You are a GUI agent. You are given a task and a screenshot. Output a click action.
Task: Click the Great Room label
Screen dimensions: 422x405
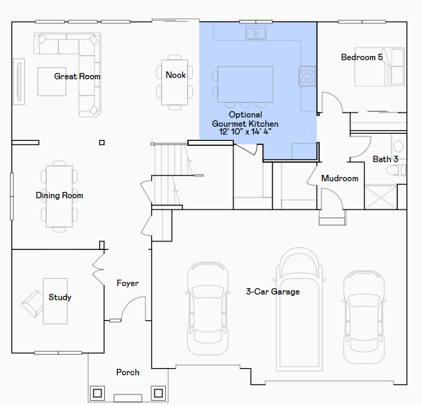(x=77, y=76)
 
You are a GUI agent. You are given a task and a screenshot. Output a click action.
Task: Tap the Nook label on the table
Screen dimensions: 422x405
(x=175, y=75)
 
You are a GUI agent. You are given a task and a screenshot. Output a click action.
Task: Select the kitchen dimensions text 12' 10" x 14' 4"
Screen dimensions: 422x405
(x=245, y=132)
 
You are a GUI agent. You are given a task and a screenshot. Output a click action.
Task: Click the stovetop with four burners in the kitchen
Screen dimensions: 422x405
(x=307, y=76)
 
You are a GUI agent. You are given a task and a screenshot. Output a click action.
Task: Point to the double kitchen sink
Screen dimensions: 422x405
(x=256, y=33)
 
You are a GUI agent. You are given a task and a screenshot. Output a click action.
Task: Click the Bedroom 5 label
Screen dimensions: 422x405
(x=362, y=57)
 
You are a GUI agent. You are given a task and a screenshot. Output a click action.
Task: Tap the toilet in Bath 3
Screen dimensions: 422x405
(x=396, y=171)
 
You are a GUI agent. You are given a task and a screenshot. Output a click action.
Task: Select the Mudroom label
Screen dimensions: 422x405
(x=340, y=178)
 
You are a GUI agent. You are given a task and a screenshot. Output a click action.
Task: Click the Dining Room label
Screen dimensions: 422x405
(x=60, y=195)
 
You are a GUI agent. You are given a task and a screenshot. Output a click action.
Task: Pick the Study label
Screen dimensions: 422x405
(x=60, y=297)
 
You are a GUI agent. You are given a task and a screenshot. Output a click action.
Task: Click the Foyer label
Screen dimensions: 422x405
(x=128, y=283)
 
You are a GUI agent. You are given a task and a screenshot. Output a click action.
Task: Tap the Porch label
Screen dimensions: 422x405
(x=128, y=372)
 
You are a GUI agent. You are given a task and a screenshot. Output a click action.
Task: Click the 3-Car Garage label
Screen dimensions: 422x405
(x=272, y=292)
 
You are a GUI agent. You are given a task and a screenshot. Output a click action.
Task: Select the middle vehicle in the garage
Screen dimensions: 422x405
(x=299, y=309)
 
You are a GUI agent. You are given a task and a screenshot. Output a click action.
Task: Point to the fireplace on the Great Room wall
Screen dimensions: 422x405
(x=19, y=81)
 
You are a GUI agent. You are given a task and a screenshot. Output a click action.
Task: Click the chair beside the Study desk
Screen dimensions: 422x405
(x=33, y=304)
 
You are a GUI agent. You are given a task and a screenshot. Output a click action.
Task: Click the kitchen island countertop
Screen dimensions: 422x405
(x=245, y=84)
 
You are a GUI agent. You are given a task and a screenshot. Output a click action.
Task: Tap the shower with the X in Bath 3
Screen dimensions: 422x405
(x=381, y=197)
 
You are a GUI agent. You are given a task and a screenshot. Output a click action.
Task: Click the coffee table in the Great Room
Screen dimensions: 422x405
(x=52, y=81)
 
